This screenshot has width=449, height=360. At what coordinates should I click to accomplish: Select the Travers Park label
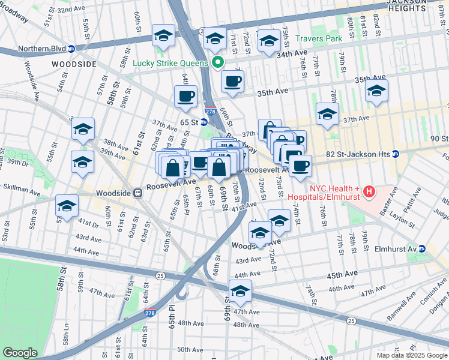coord(318,39)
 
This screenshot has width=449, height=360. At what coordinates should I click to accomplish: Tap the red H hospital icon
coord(369,192)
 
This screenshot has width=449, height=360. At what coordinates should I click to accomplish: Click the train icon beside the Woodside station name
coord(137,193)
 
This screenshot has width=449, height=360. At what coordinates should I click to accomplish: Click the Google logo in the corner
coord(20,353)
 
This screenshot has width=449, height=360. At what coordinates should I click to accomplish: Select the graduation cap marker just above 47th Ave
coord(240,292)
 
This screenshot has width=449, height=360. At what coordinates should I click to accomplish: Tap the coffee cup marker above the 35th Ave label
coord(232,81)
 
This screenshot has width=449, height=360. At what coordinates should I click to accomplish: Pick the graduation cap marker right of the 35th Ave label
coord(376,91)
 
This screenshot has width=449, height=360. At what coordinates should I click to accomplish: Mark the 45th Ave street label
coord(342,275)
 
